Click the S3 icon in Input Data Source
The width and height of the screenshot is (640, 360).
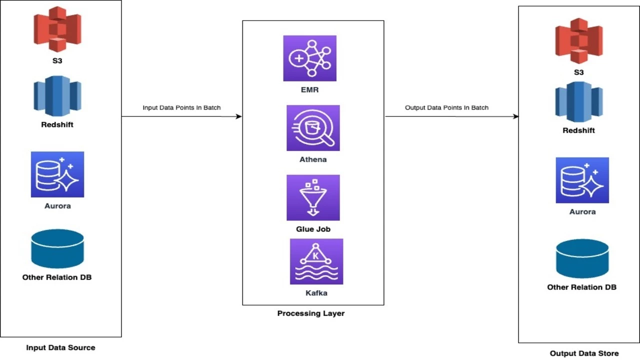coord(57,29)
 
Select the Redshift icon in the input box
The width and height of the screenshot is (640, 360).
coord(57,96)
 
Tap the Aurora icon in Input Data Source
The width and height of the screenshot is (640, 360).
coord(57,174)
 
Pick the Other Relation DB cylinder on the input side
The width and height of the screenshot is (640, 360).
coord(57,248)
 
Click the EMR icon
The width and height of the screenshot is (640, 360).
coord(309,58)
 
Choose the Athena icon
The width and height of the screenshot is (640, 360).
coord(313,128)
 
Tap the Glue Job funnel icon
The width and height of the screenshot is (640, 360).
coord(313,197)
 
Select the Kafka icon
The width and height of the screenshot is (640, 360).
coord(316,261)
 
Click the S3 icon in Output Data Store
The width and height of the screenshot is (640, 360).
coord(579,40)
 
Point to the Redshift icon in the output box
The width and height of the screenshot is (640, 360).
coord(579,101)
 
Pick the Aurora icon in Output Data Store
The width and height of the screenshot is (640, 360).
coord(582,180)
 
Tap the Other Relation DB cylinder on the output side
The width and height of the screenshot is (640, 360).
coord(582,258)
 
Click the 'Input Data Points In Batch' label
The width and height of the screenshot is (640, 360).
coord(181,107)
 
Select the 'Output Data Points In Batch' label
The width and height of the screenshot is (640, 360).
coord(446,107)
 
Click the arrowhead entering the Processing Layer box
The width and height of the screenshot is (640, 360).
coord(239,116)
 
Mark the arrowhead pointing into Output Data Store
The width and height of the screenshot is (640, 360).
coord(515,116)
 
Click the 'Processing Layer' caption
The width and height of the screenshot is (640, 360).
coord(311,313)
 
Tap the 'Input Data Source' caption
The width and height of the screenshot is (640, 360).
coord(60,347)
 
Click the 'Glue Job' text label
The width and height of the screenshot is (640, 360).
coord(313,229)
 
